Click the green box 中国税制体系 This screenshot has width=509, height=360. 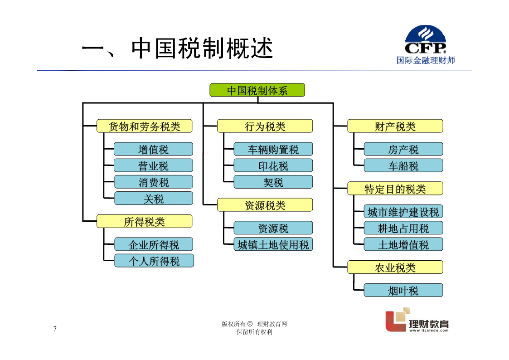[257, 90]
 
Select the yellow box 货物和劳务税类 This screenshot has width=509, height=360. [145, 126]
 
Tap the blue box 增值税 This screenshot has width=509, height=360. [153, 149]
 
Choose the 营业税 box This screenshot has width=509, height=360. [153, 165]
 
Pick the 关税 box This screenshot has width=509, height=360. [154, 198]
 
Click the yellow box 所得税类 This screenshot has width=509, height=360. [145, 221]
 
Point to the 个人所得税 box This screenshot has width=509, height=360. [154, 261]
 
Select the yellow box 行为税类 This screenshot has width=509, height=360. [265, 126]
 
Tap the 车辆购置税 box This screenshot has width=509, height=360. [273, 149]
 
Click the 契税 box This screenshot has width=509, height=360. [273, 182]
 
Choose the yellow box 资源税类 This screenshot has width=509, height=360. [265, 205]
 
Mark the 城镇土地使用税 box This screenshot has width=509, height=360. [273, 244]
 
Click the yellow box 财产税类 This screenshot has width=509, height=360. [395, 126]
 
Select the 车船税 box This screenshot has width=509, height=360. [403, 165]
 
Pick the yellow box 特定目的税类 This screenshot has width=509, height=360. [395, 188]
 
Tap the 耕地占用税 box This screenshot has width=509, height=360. [403, 228]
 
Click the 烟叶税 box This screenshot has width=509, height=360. [403, 290]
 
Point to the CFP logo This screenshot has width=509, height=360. [426, 39]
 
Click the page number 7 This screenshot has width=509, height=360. [55, 329]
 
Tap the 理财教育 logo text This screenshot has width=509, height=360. [429, 324]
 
